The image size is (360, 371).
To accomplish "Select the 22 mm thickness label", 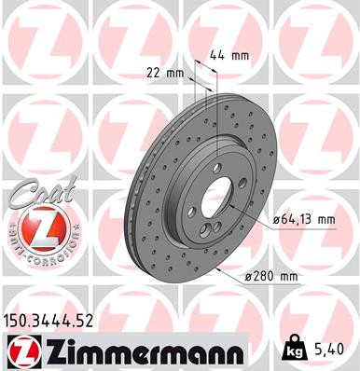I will [x=163, y=71].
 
